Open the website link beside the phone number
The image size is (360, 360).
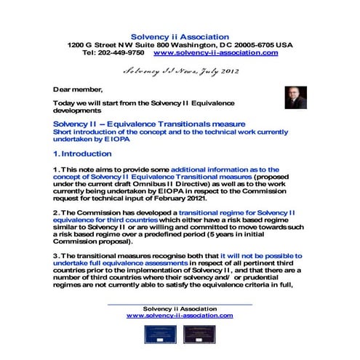216,53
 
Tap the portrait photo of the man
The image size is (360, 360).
295,97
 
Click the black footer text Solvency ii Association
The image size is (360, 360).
179,308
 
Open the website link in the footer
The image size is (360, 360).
179,316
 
